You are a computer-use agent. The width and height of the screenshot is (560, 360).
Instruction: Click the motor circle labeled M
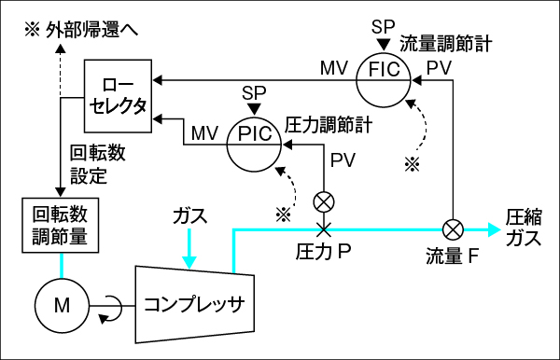pyautogui.click(x=61, y=303)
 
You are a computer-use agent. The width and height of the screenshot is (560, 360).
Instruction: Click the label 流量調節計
pyautogui.click(x=446, y=43)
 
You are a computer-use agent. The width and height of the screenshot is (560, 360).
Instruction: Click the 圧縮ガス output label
pyautogui.click(x=524, y=227)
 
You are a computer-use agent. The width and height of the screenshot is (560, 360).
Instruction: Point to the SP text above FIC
pyautogui.click(x=383, y=24)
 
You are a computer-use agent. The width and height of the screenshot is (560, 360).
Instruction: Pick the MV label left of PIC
pyautogui.click(x=204, y=133)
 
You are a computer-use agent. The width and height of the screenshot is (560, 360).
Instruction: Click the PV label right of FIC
pyautogui.click(x=439, y=68)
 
